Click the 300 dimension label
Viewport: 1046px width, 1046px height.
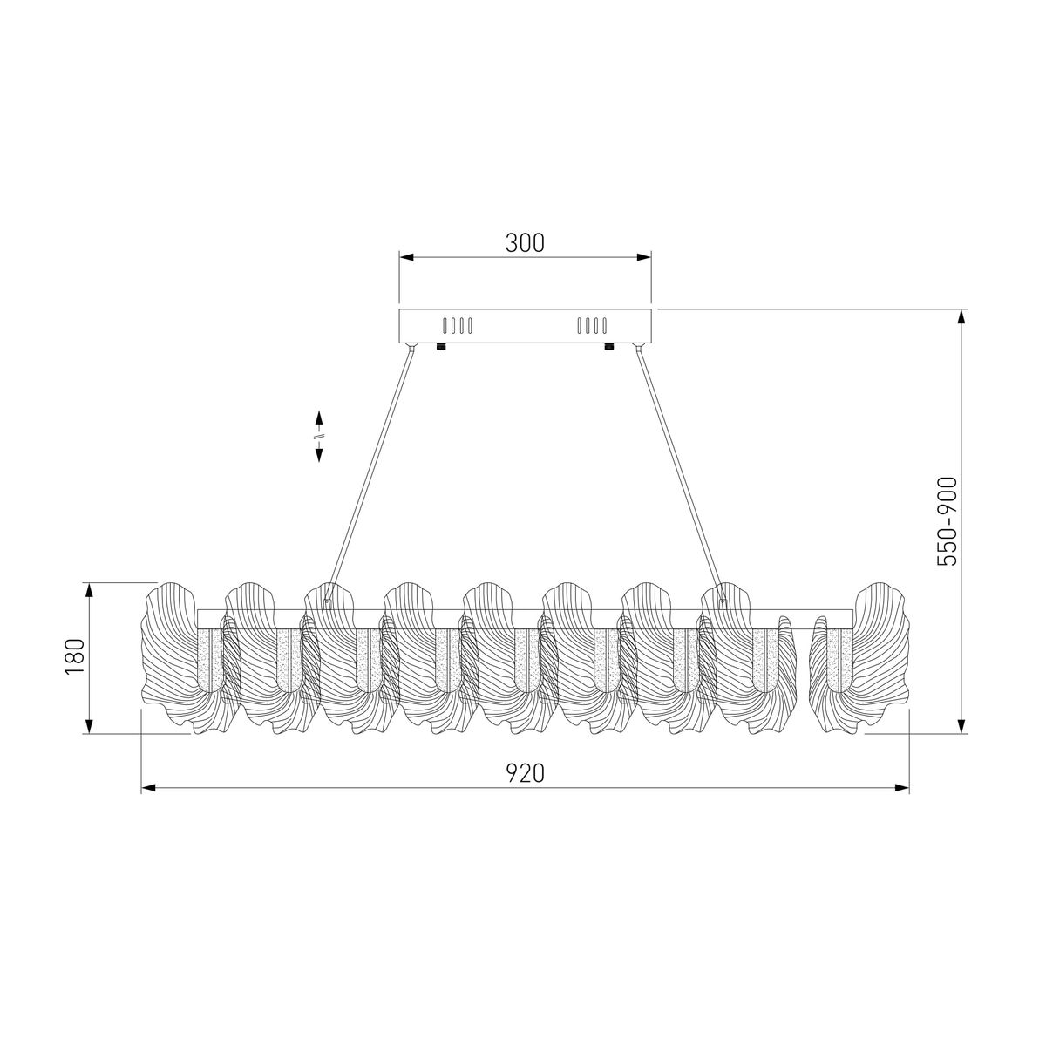(525, 243)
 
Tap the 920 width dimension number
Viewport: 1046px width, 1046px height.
(525, 773)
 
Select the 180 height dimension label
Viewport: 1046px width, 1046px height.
(75, 657)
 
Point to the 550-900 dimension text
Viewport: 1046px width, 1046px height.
(947, 521)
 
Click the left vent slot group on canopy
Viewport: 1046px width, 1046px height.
(458, 326)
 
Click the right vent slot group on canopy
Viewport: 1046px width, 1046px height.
(592, 326)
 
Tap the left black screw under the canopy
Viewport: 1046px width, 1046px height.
(441, 346)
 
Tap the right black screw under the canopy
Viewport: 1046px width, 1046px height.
(609, 346)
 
